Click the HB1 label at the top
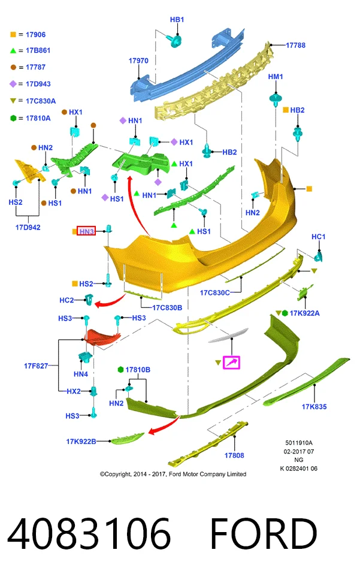177,19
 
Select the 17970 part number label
138,61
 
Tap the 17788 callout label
295,45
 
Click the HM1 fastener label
276,77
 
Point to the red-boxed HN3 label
86,231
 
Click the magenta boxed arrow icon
231,363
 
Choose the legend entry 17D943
30,84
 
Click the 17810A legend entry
31,118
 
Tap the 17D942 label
28,227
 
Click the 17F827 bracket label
36,366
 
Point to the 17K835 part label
314,407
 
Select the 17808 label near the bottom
234,455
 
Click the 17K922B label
81,442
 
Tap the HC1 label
319,237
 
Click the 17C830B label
167,307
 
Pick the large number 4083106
89,533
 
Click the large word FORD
264,533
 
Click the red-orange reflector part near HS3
101,337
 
